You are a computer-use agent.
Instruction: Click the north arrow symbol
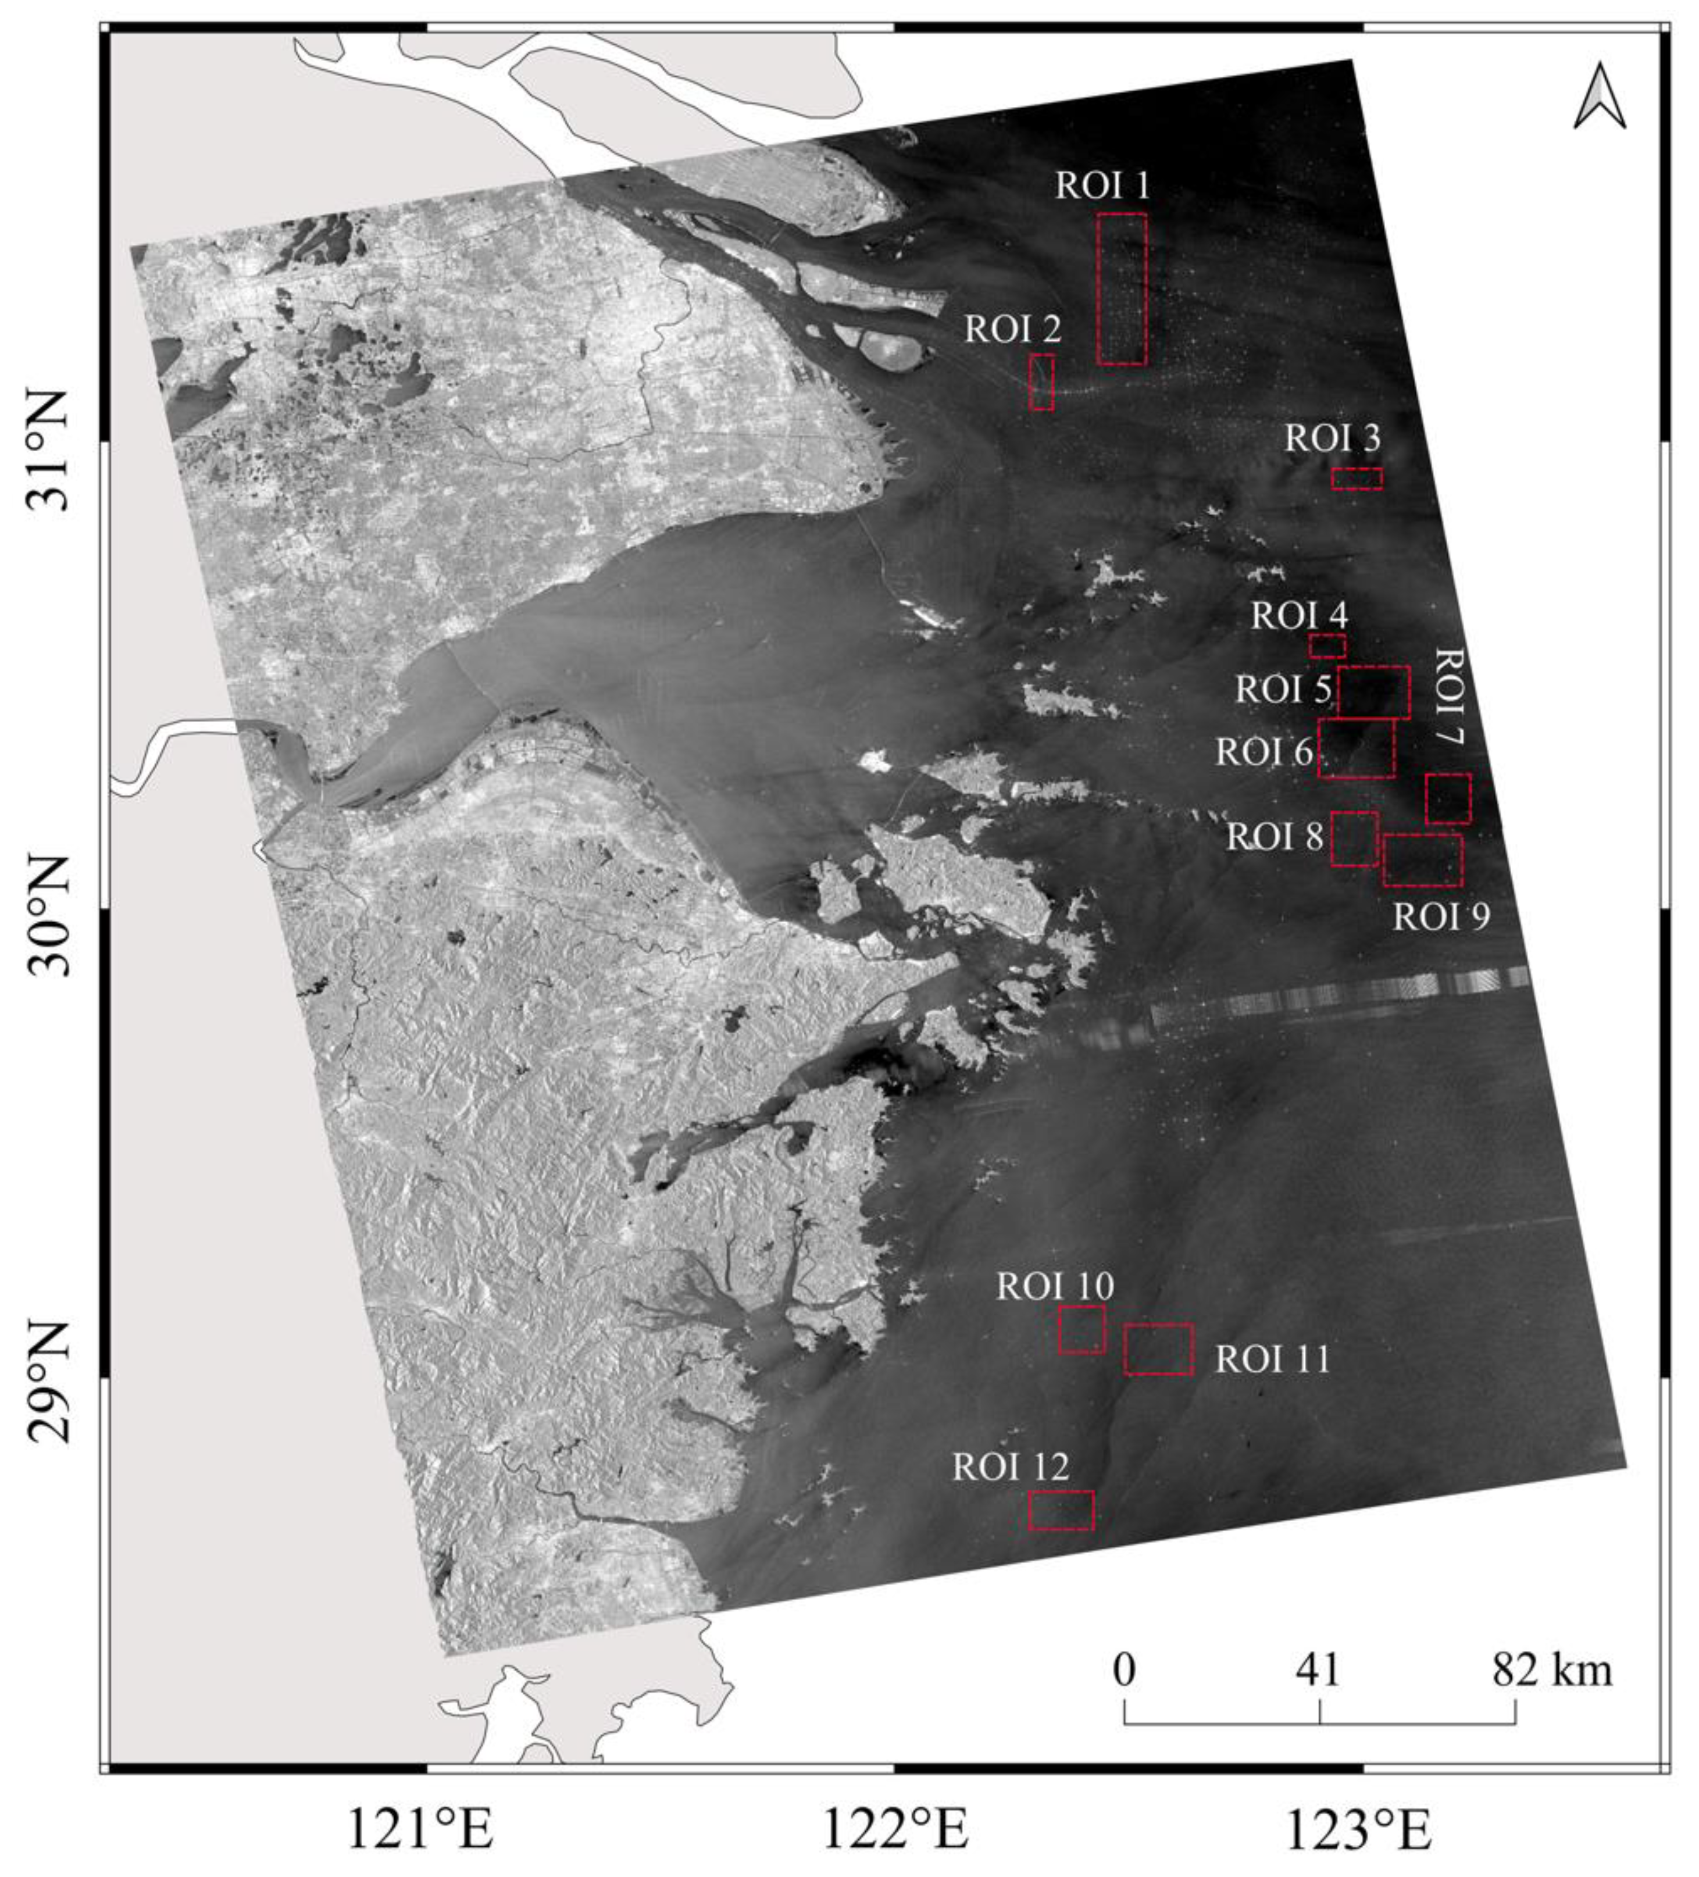click(x=1600, y=97)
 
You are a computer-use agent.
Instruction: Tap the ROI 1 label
click(x=1102, y=185)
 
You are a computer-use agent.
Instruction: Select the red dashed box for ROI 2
click(x=1042, y=381)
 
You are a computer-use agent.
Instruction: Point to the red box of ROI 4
click(x=1327, y=646)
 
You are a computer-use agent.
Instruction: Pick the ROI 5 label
click(x=1282, y=690)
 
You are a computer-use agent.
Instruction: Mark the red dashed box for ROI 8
click(x=1355, y=839)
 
